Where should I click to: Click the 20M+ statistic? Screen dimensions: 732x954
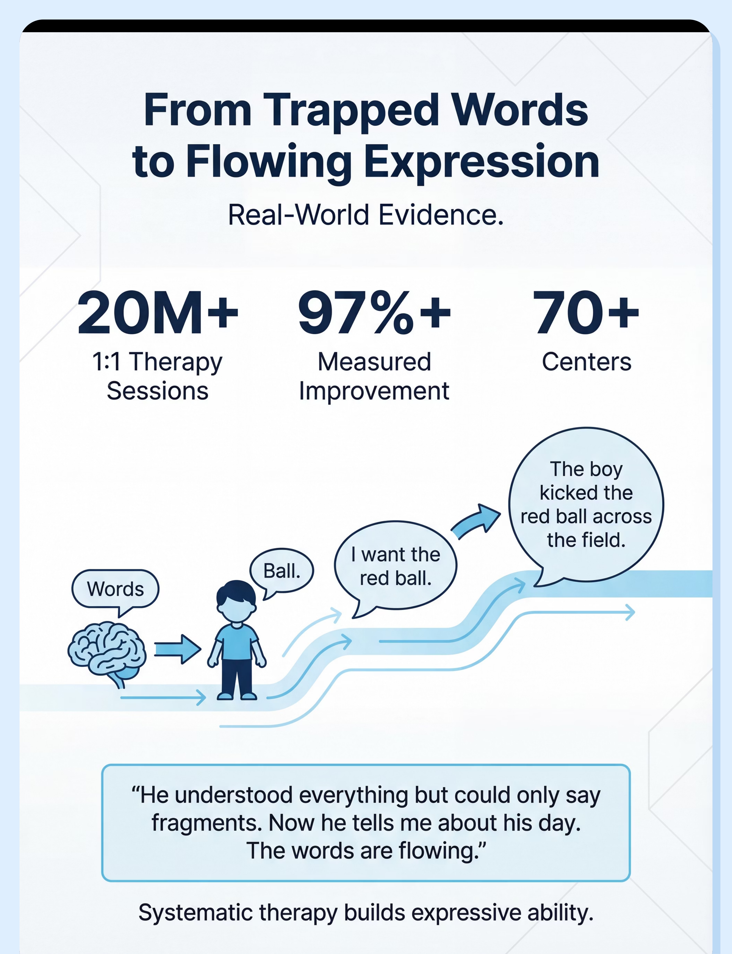pos(158,313)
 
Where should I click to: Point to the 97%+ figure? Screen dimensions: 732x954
pos(374,313)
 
